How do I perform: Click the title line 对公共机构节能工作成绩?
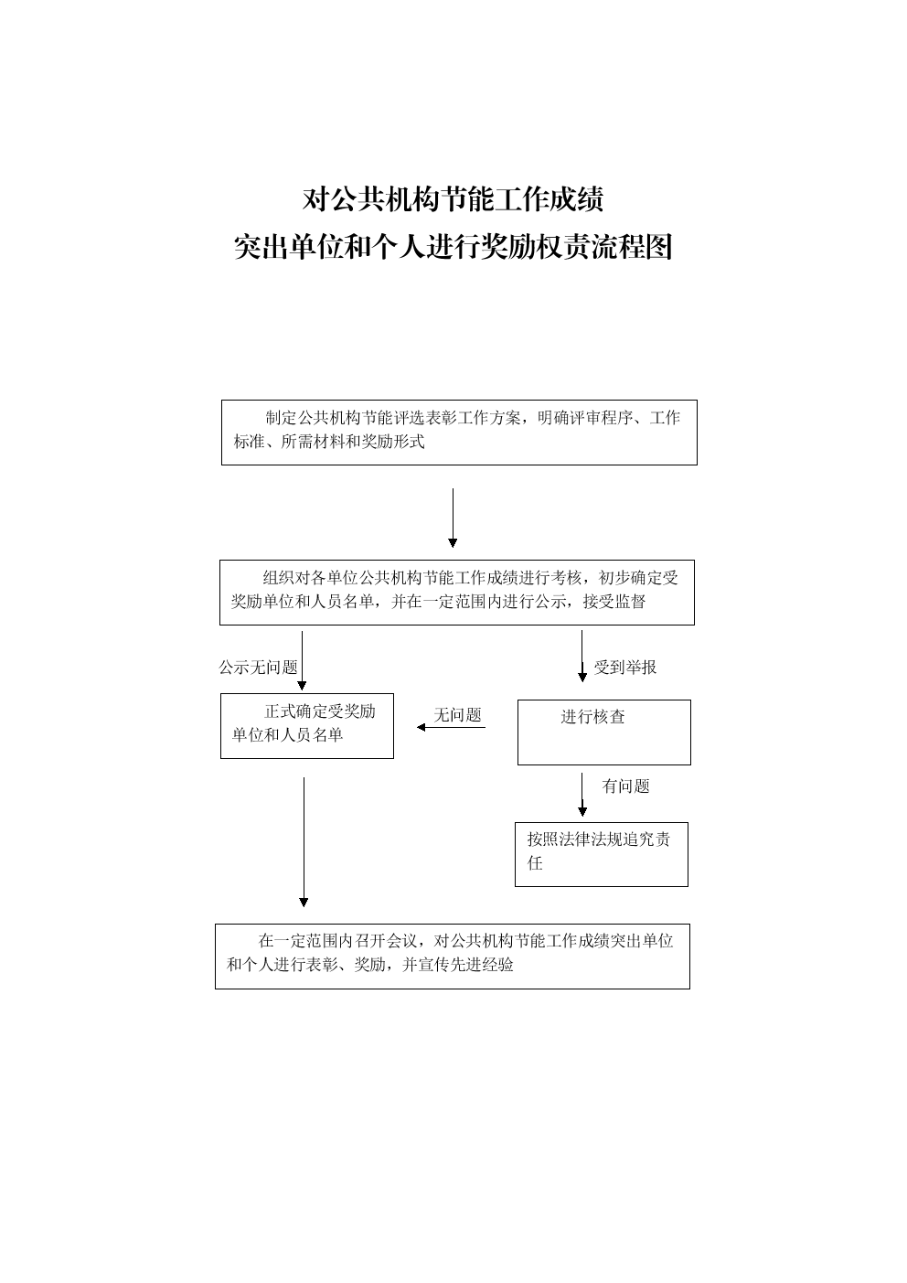[453, 199]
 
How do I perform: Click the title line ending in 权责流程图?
[453, 247]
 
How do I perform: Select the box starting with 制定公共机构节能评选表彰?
[459, 433]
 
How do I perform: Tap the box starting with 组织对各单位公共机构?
[457, 593]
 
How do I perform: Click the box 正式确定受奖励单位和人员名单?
[307, 726]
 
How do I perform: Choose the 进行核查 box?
[604, 732]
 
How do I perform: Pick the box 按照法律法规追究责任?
[602, 854]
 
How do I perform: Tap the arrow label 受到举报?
[625, 668]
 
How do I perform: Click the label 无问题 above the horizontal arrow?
[457, 715]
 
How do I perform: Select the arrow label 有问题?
[626, 786]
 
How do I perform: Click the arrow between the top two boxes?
[453, 518]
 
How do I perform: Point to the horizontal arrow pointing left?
[451, 727]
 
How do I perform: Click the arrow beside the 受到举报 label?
[582, 656]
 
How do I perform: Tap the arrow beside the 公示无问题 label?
[303, 660]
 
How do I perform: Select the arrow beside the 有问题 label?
[582, 795]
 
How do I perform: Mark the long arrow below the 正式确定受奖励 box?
[304, 842]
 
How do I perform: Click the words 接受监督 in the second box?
[614, 602]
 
